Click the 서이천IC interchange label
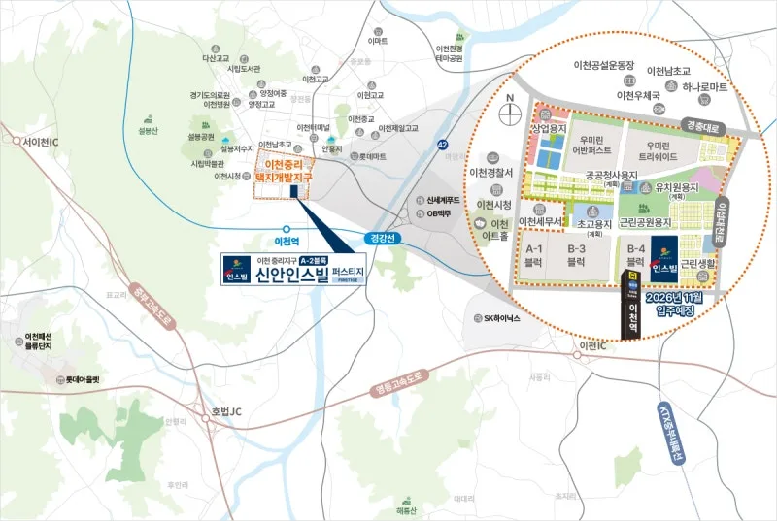(x=29, y=143)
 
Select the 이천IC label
(x=591, y=346)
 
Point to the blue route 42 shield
(x=442, y=144)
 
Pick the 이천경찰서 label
(x=490, y=173)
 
